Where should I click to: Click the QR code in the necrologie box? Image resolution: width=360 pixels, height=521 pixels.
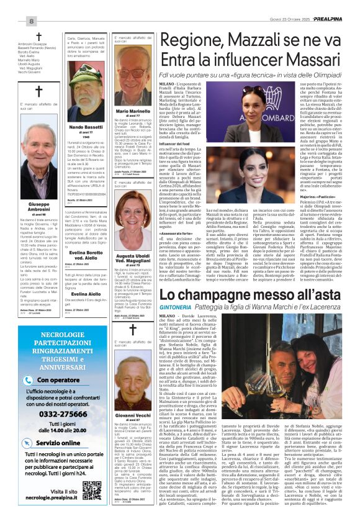coord(92,489)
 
